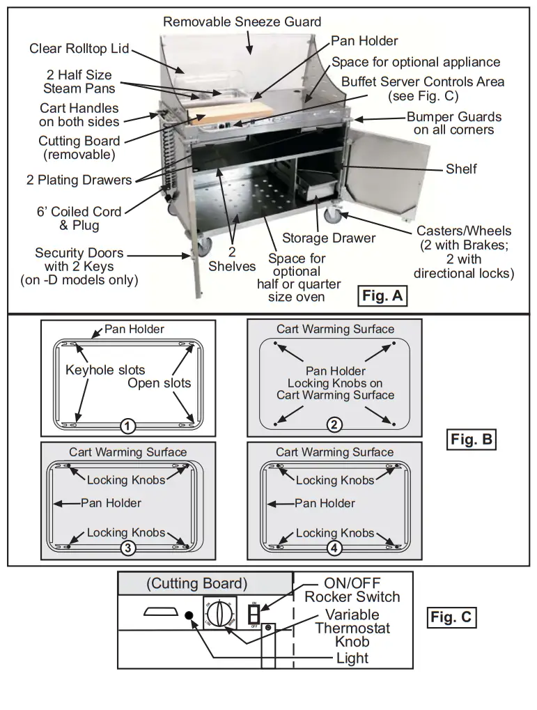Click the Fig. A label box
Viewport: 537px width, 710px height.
click(382, 296)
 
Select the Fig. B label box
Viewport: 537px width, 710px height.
click(471, 440)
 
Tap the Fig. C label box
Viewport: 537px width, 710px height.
click(451, 617)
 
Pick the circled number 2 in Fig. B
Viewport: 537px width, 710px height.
click(334, 424)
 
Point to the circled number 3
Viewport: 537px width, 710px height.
click(127, 548)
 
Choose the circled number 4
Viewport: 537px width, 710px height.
click(334, 548)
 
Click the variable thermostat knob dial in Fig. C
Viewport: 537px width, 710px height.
click(219, 615)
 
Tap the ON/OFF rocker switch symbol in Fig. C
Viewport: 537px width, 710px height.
click(254, 614)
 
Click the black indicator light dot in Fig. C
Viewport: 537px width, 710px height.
click(189, 616)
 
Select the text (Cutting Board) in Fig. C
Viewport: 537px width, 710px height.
click(196, 584)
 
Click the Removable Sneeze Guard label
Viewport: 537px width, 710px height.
click(242, 22)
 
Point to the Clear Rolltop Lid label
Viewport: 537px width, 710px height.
click(79, 49)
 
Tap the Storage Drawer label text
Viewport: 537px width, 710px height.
click(328, 238)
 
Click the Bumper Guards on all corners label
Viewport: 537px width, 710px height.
click(453, 123)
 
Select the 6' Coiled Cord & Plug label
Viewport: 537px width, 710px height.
click(79, 218)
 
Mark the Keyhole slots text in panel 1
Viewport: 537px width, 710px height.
click(105, 370)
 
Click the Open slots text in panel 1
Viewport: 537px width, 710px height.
click(159, 383)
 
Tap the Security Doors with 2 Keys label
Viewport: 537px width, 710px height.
click(79, 266)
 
